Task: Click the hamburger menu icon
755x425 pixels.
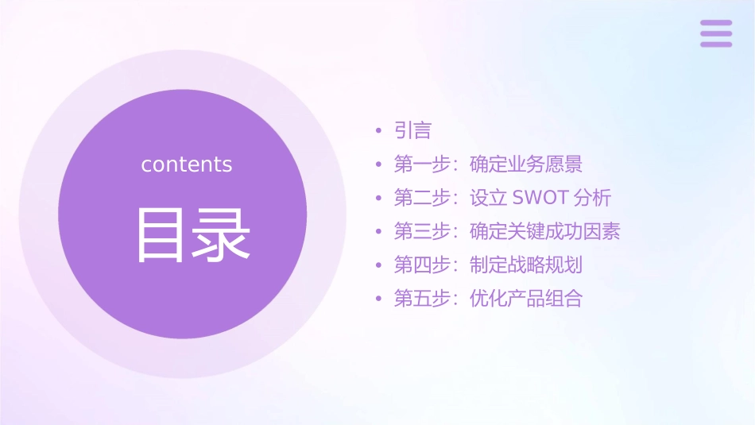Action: tap(716, 33)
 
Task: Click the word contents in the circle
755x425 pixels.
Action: tap(187, 164)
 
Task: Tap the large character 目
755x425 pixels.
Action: tap(160, 235)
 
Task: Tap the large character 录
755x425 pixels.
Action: tap(219, 235)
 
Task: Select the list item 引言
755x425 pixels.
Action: tap(412, 131)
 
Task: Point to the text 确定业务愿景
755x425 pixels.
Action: tap(526, 164)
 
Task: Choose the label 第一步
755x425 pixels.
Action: tap(422, 164)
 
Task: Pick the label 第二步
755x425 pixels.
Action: tap(422, 198)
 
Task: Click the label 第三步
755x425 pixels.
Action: tap(422, 231)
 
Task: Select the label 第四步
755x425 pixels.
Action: tap(422, 265)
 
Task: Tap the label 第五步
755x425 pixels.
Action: tap(422, 299)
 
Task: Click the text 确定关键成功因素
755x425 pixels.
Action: tap(545, 231)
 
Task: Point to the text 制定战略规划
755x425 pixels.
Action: tap(526, 265)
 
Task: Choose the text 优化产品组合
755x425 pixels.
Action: tap(526, 299)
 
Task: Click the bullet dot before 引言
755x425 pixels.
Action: tap(379, 131)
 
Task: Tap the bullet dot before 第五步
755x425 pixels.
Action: tap(379, 299)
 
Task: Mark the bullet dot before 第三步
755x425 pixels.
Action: tap(379, 232)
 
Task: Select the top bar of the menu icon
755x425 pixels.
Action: tap(716, 23)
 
